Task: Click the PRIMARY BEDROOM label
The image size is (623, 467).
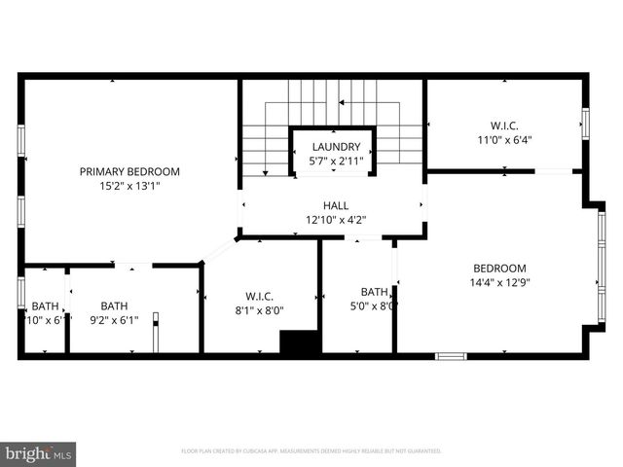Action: (x=129, y=171)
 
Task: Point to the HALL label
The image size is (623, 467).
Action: (x=336, y=205)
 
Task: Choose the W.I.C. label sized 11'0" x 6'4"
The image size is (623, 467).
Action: (x=504, y=125)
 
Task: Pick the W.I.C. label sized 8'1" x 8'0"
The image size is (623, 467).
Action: (x=259, y=297)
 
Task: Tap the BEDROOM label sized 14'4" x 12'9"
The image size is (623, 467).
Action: (x=499, y=269)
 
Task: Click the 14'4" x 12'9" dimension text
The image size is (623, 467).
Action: (x=499, y=283)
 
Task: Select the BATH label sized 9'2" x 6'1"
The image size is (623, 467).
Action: (x=114, y=305)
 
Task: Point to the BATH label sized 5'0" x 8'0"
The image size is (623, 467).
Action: (x=374, y=291)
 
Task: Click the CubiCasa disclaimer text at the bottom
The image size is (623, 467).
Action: (x=311, y=451)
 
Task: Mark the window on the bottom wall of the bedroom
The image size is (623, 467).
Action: (x=451, y=356)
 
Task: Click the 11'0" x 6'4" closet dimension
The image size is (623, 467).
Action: (x=504, y=139)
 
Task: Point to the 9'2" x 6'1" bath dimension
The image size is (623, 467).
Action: (x=114, y=319)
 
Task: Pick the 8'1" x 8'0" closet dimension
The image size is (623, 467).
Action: (x=259, y=310)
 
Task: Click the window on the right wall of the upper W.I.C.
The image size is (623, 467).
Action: (x=585, y=124)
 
